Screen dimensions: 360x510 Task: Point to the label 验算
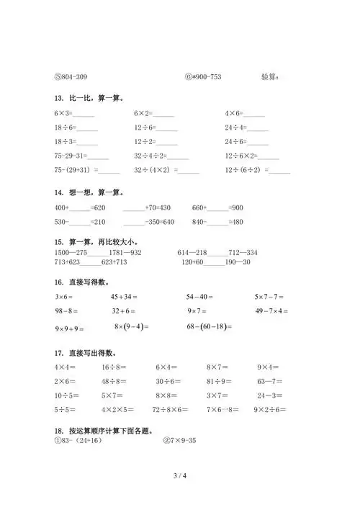coord(272,76)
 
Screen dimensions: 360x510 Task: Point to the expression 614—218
coord(192,253)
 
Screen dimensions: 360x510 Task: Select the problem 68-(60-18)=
coord(209,327)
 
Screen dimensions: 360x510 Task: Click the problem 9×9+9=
coord(69,328)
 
